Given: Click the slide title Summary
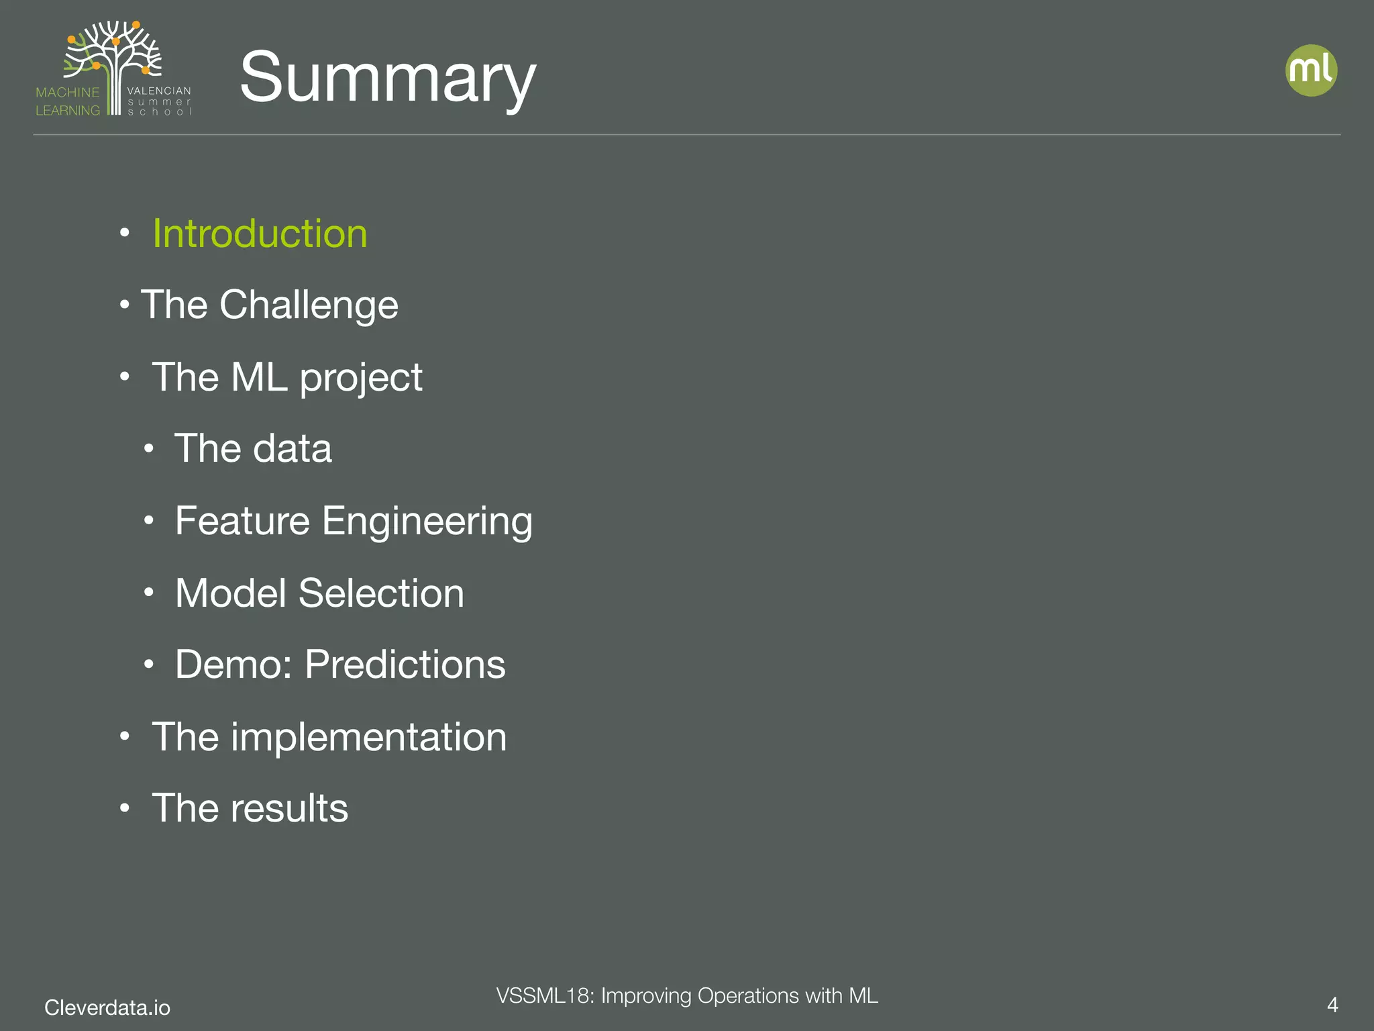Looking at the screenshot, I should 388,77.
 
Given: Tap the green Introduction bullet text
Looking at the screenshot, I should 260,234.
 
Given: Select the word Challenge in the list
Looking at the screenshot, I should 309,305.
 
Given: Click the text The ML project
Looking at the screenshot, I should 287,377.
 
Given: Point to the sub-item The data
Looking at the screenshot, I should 253,448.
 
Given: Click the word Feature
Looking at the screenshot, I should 242,520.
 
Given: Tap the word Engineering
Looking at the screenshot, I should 427,522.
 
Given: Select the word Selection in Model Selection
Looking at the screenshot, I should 381,593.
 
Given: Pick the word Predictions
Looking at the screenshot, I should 405,665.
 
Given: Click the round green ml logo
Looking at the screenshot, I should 1311,70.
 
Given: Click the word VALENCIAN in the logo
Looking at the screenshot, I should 159,91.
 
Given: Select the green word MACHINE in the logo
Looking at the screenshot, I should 67,93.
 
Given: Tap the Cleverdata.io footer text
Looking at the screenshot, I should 107,1007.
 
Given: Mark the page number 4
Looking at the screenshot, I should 1332,1005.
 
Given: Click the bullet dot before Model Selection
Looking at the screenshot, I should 149,593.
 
